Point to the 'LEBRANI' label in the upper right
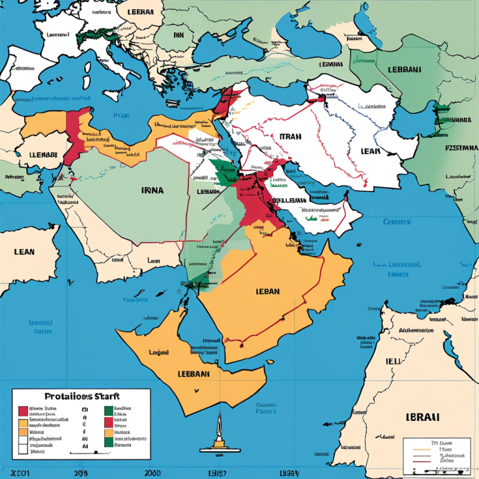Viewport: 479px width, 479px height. tap(404, 70)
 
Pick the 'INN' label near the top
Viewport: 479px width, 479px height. tap(179, 36)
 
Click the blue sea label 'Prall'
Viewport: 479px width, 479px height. tap(122, 115)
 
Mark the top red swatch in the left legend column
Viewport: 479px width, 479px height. tap(23, 410)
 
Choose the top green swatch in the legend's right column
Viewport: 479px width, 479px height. tap(109, 410)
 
